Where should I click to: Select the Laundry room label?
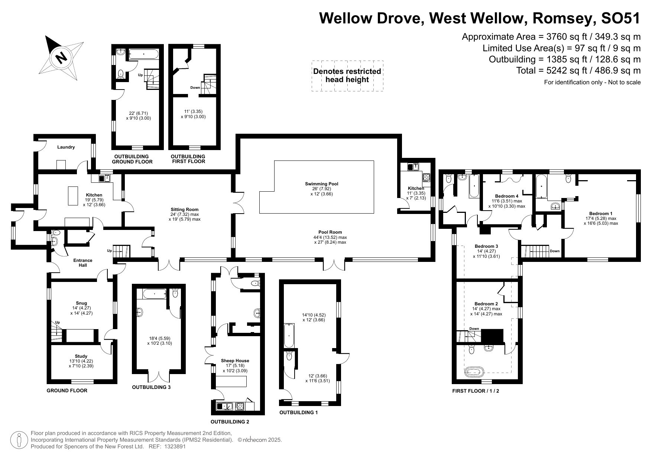coord(66,147)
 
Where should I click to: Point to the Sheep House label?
coord(235,361)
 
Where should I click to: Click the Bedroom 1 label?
coord(601,214)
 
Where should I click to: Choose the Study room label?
coord(81,356)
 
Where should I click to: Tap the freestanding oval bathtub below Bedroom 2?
coord(474,371)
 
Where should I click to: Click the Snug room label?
coord(81,303)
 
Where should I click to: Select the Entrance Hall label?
coord(83,263)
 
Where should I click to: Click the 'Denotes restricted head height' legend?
coord(347,75)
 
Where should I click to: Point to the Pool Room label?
coord(330,232)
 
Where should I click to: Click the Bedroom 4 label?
coord(506,196)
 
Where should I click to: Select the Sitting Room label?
coord(185,210)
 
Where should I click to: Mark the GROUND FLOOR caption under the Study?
coord(67,390)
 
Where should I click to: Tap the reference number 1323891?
coord(175,447)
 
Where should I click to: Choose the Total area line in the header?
coord(578,70)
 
